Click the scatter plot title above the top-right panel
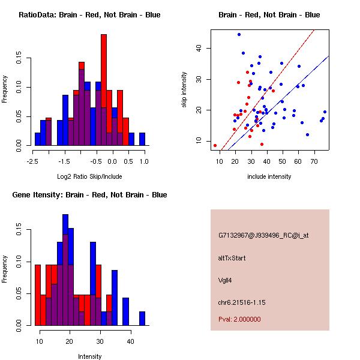269,15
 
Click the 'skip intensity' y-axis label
184,90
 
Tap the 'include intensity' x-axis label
269,177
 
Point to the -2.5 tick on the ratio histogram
32,161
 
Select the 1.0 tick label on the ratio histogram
143,161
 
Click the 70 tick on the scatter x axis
314,161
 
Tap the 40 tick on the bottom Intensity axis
130,341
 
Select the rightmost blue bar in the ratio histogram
142,139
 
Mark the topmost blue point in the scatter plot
239,35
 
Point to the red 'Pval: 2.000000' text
239,319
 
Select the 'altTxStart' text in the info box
232,258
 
